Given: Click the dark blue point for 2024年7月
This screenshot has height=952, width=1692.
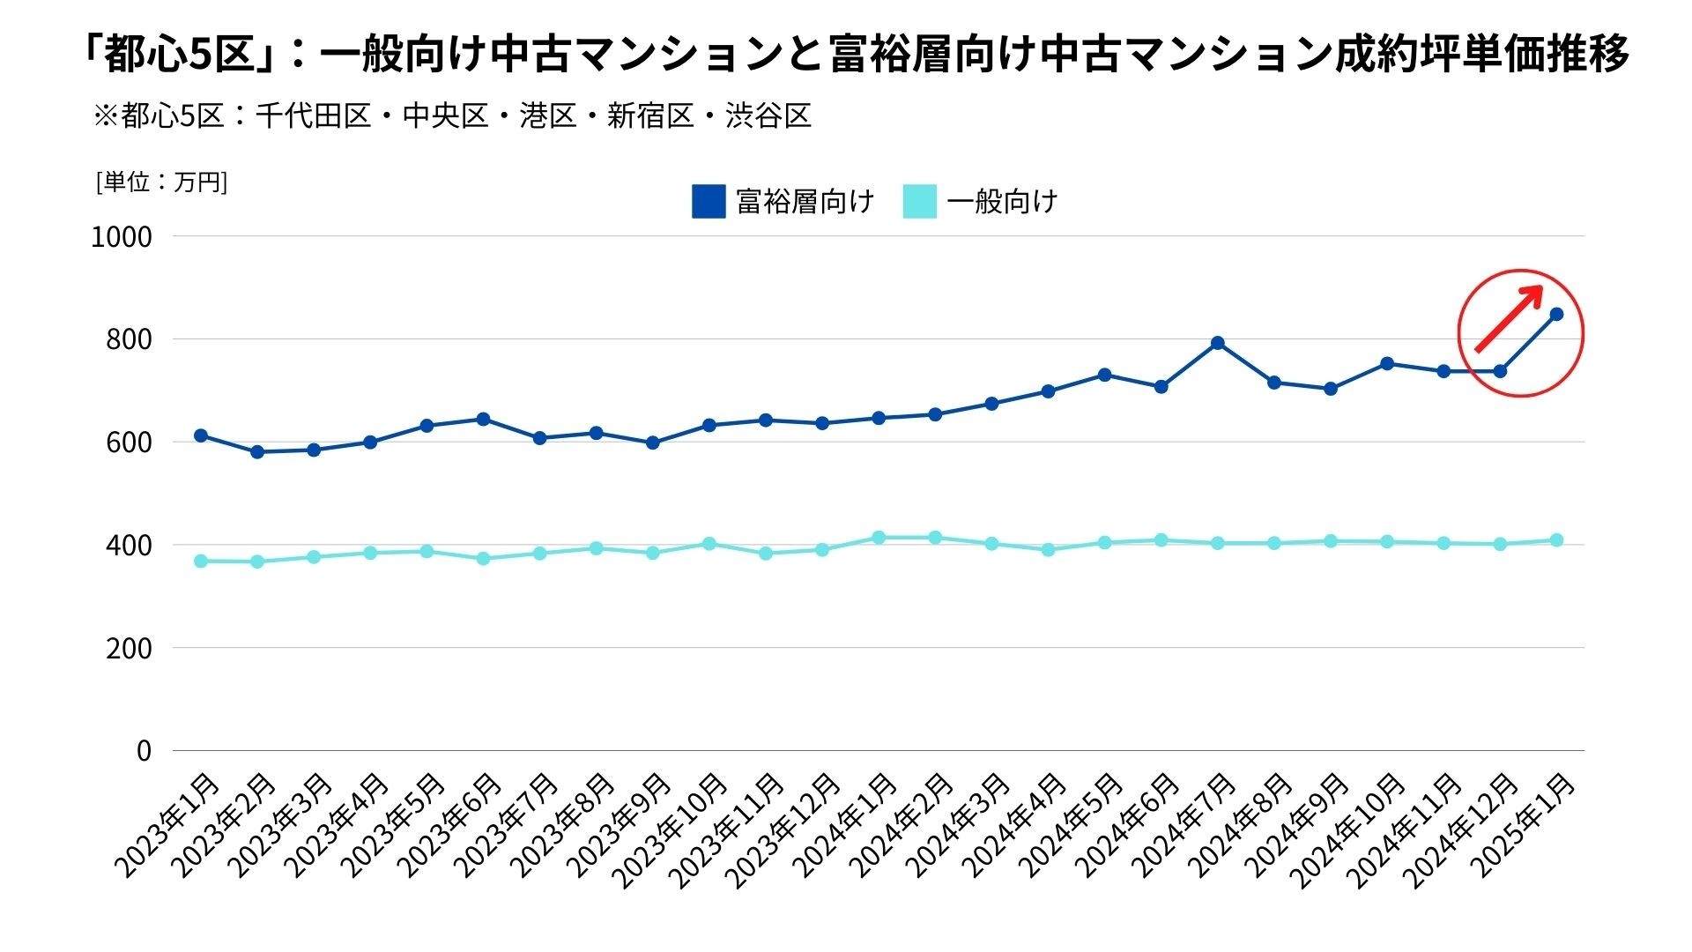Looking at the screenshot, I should (1217, 343).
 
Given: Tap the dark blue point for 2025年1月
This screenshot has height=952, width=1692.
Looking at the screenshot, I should (1556, 314).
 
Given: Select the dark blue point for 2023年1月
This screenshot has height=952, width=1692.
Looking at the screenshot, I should (201, 435).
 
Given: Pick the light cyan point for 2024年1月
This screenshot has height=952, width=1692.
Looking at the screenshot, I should (879, 538).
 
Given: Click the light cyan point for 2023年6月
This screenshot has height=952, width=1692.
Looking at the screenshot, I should (483, 559).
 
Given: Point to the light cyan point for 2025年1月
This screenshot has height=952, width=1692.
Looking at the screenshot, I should (1556, 540).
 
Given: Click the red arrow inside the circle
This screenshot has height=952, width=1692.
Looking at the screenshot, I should (1509, 318).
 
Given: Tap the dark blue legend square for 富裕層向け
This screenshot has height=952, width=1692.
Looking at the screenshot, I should (709, 201).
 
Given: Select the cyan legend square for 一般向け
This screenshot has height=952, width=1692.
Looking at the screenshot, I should (919, 201).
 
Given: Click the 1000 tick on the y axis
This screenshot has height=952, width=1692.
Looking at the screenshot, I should (122, 237).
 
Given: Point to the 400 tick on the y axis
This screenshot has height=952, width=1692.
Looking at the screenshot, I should (129, 546).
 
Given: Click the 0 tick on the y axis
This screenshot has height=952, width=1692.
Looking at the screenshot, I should (144, 751).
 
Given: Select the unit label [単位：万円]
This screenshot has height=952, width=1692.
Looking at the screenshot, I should (161, 182).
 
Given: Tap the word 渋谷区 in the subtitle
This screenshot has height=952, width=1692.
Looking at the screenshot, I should (768, 116).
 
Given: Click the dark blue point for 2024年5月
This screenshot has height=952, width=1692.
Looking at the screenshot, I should (1104, 375).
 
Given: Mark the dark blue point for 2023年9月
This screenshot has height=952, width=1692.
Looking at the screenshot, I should (652, 443).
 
